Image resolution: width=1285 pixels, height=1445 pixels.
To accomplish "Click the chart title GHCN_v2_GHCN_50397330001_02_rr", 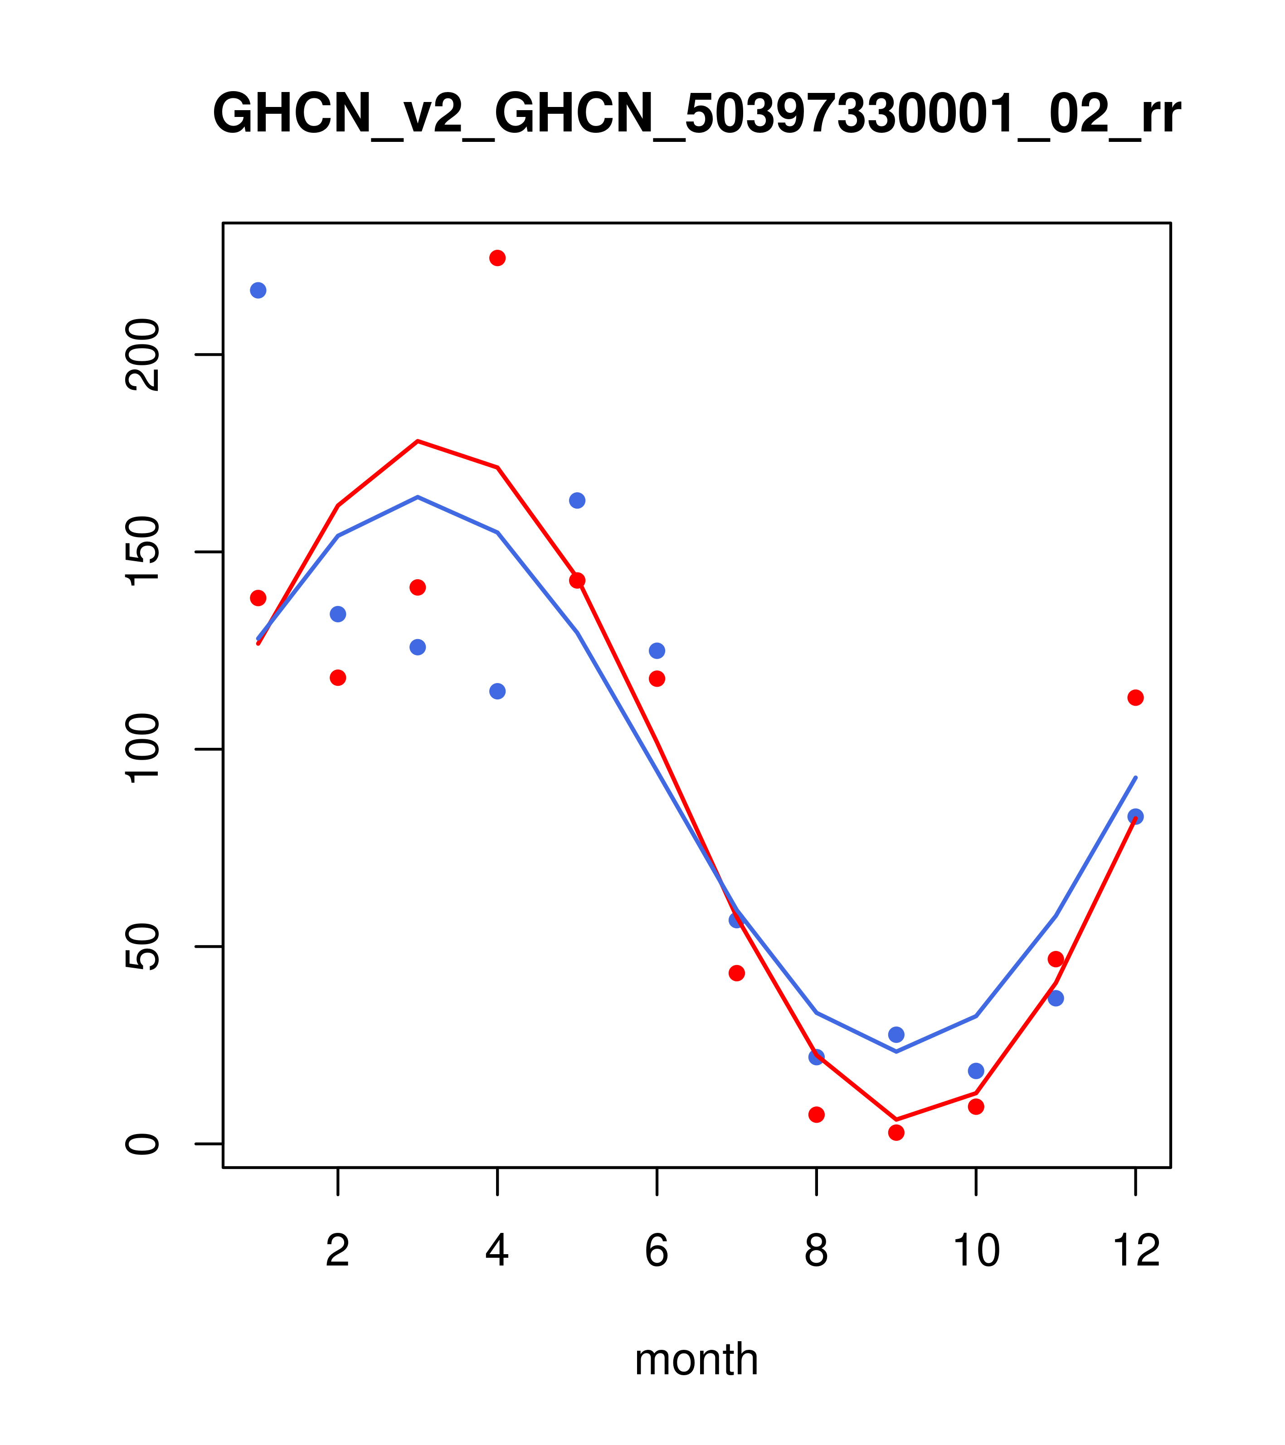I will pyautogui.click(x=696, y=115).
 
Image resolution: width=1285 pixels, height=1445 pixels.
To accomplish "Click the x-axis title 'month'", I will pyautogui.click(x=696, y=1359).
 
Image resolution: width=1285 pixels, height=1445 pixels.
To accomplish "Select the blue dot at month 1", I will pyautogui.click(x=258, y=291).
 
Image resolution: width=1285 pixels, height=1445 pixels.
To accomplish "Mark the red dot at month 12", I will pyautogui.click(x=1136, y=698).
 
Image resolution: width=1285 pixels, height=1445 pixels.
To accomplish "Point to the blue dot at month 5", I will pyautogui.click(x=577, y=500).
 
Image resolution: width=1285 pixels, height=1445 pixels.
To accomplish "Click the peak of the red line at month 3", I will pyautogui.click(x=418, y=441).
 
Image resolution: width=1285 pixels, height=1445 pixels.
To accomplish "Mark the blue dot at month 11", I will pyautogui.click(x=1056, y=998).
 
